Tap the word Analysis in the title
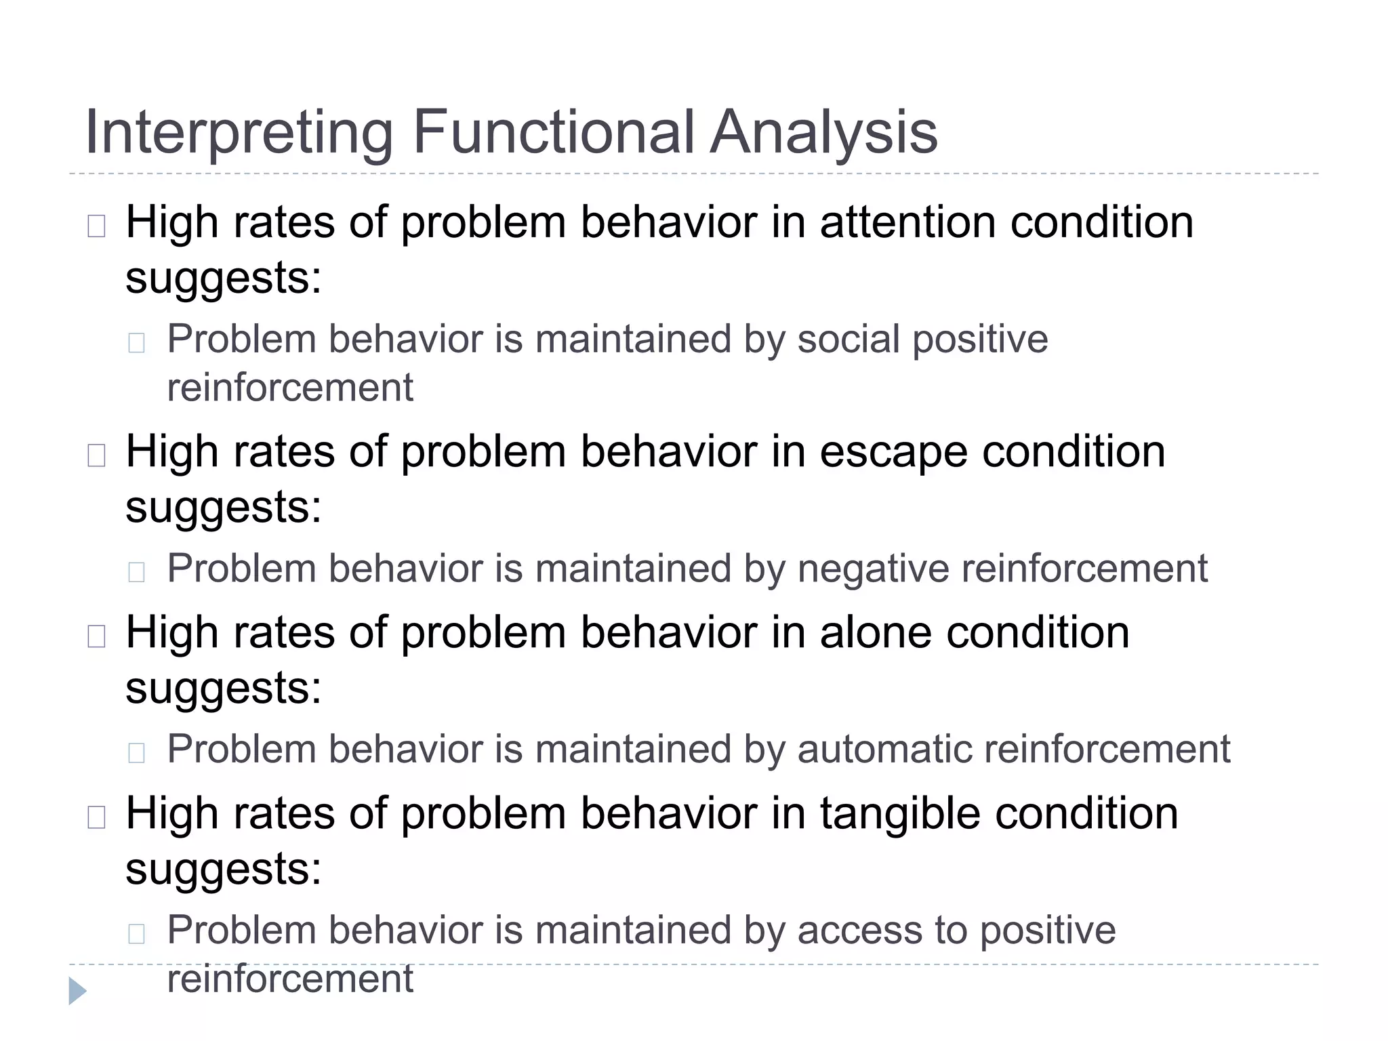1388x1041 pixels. click(823, 133)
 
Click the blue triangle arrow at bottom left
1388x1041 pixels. click(77, 991)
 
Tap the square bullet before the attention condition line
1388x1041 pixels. click(96, 226)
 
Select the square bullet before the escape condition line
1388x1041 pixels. click(96, 455)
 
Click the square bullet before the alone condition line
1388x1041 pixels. click(96, 636)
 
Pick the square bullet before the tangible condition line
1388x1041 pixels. click(96, 817)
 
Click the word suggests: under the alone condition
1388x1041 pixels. click(223, 687)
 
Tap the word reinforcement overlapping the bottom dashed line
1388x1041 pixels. click(290, 978)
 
